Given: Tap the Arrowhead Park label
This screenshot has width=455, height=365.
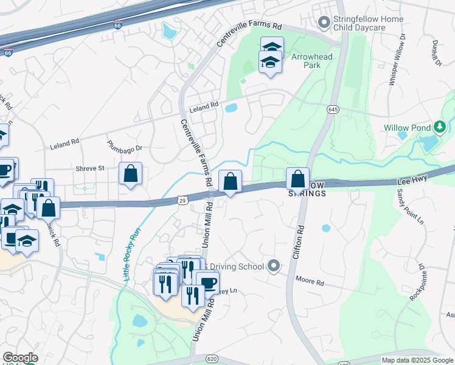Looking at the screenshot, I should [x=312, y=61].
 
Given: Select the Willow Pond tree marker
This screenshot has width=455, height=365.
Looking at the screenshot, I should [x=440, y=128].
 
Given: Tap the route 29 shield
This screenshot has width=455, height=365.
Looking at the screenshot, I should [x=182, y=200].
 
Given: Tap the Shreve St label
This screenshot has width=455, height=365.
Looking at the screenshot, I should [x=90, y=168].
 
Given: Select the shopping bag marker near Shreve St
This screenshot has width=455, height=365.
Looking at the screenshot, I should [x=131, y=174].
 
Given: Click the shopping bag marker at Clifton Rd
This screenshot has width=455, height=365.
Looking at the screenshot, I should [x=297, y=179].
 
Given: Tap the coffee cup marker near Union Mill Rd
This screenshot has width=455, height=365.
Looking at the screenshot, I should [x=207, y=283].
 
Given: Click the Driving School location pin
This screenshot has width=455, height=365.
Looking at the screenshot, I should [x=274, y=266].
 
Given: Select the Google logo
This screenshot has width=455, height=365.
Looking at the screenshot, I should [x=20, y=358].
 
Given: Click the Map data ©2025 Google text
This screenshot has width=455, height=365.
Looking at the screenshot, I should [x=417, y=360].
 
